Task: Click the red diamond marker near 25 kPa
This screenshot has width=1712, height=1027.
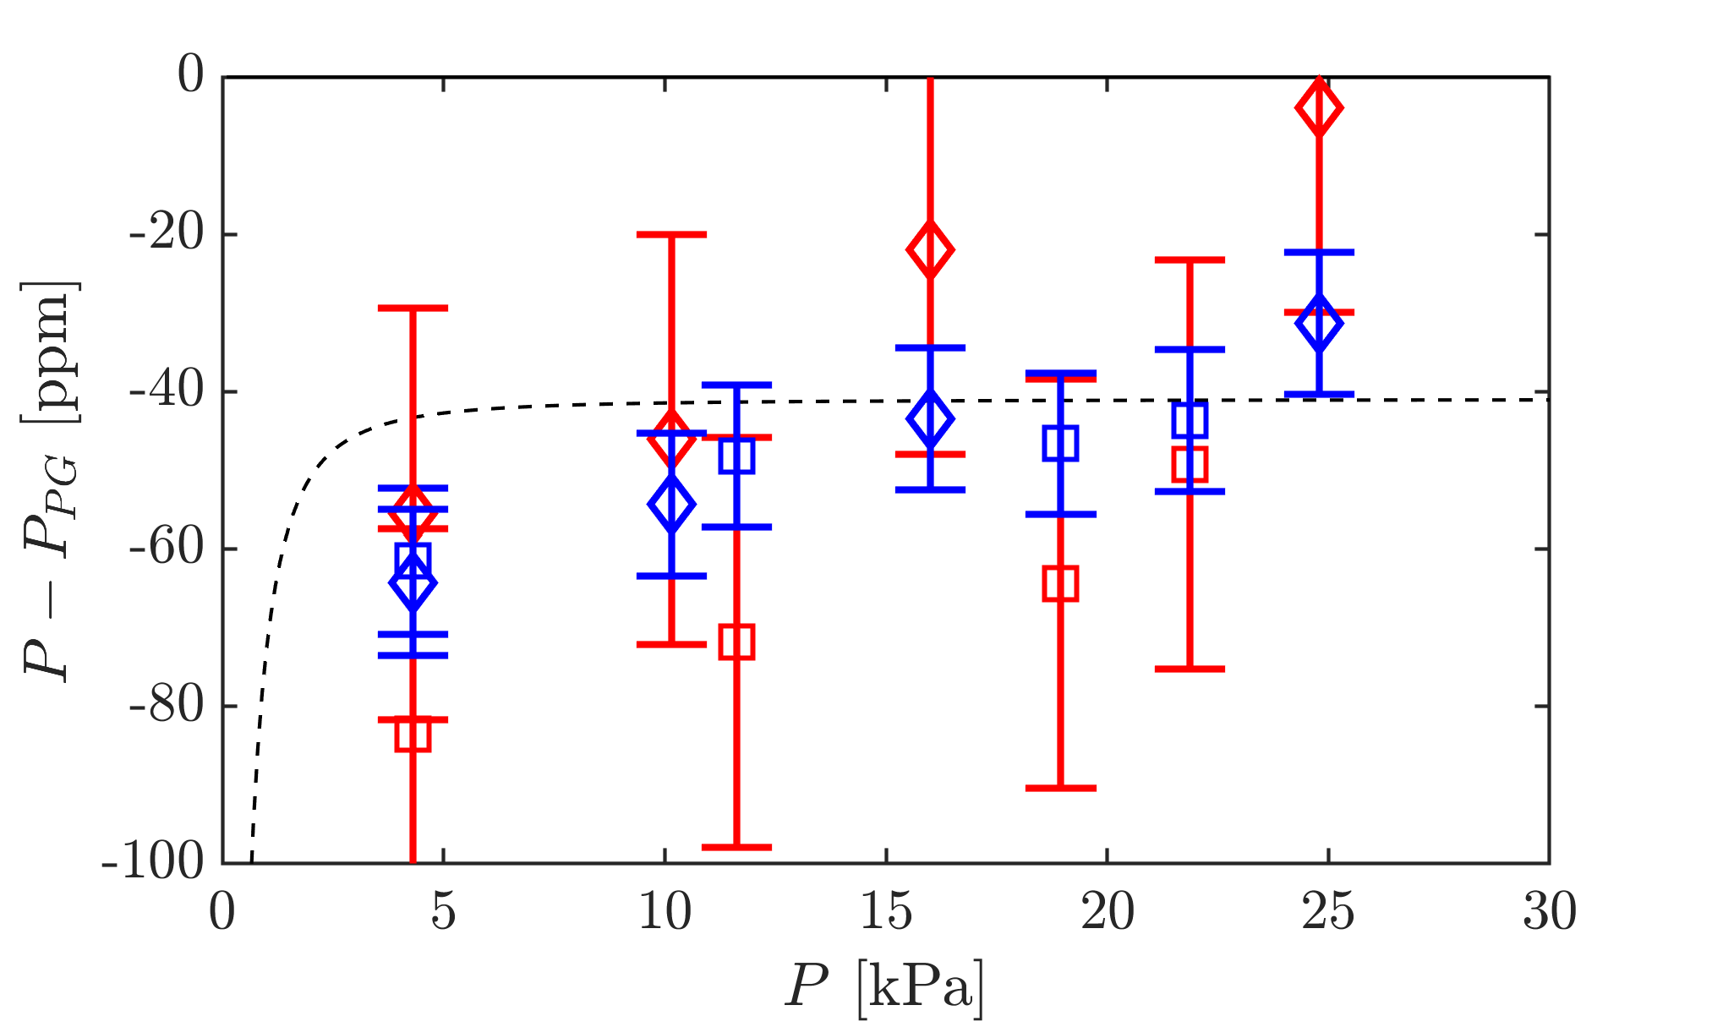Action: (x=1319, y=107)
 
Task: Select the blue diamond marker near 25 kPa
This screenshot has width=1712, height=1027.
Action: (x=1319, y=323)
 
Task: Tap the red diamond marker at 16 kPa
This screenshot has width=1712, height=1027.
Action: (x=930, y=249)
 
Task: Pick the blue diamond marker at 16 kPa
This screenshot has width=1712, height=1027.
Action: (x=930, y=418)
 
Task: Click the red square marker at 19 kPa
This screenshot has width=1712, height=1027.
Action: (x=1060, y=583)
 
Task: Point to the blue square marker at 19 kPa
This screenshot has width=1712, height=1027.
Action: (x=1060, y=443)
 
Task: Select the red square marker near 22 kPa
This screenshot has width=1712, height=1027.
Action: (x=1190, y=463)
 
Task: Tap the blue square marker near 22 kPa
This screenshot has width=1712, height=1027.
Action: (x=1190, y=420)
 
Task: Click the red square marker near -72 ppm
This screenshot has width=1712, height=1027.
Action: (x=736, y=642)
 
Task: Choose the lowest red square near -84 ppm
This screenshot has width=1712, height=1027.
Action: (x=413, y=734)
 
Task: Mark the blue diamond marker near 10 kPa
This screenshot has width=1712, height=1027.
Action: (x=671, y=504)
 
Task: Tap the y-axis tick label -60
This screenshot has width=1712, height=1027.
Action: (x=167, y=549)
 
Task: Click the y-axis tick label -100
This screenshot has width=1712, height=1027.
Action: (x=153, y=863)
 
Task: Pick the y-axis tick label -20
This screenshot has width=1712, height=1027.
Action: (x=167, y=234)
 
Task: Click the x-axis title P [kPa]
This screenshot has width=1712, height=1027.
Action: (x=884, y=986)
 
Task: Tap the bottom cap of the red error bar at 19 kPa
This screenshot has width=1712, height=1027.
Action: (x=1060, y=788)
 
